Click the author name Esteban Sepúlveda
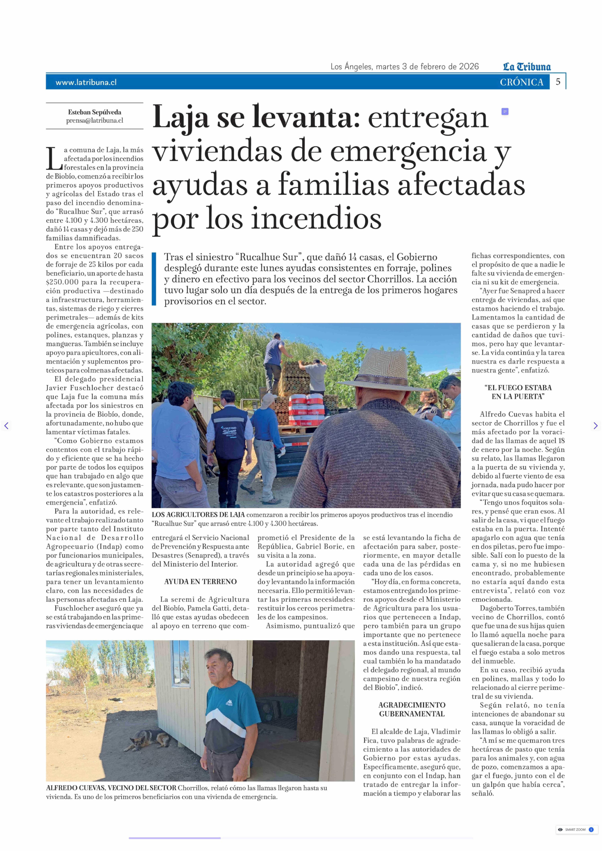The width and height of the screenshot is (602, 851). [95, 112]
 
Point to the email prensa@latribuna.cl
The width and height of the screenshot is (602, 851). [95, 120]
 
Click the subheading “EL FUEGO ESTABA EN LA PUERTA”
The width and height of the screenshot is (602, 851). [518, 392]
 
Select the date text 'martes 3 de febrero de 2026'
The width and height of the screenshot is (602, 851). [427, 67]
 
